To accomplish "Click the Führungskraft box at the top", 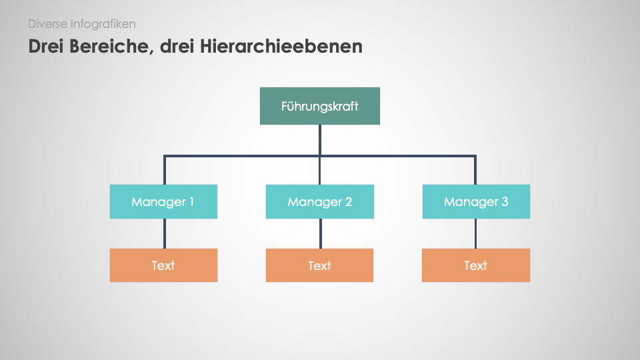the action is (320, 106).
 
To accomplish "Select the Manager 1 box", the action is (163, 201).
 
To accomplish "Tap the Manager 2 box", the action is (319, 201).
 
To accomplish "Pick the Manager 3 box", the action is (476, 201).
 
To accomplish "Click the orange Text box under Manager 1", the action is (163, 265).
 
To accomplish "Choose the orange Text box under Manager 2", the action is (319, 265).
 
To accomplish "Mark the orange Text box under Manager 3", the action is (476, 265).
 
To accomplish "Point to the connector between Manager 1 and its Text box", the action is (165, 233).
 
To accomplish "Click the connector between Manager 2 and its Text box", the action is (321, 233).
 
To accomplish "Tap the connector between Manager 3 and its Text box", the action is (475, 233).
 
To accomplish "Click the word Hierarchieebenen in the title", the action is (281, 46).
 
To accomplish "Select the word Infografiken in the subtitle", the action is (103, 24).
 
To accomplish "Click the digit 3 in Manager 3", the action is (505, 201).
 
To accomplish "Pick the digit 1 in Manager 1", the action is (191, 201).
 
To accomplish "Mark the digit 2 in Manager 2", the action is (348, 201).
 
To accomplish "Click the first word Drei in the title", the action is (47, 46).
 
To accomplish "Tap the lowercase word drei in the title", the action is (177, 46).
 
